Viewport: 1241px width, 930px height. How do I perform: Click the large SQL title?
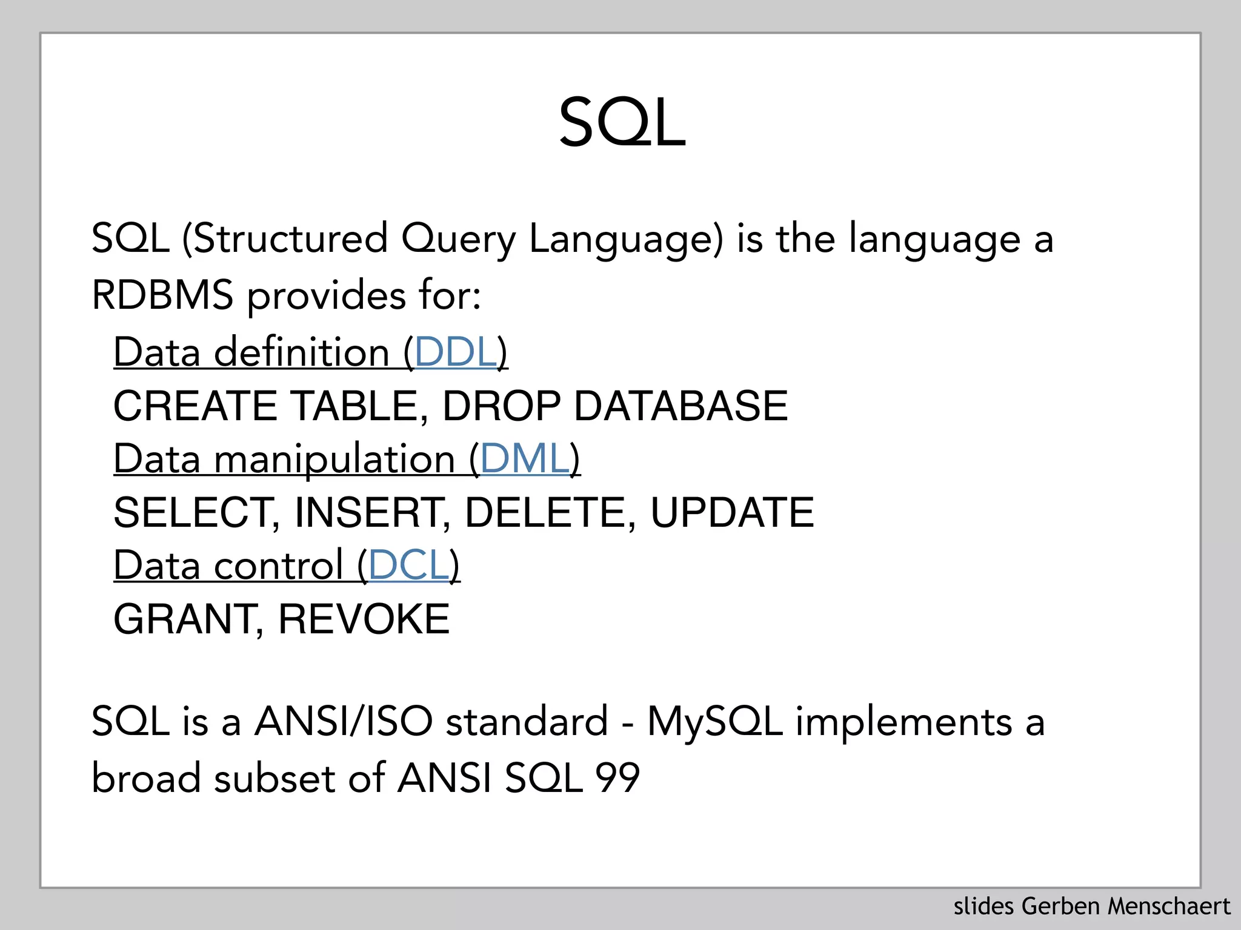pyautogui.click(x=622, y=124)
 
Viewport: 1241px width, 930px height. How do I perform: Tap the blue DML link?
pyautogui.click(x=525, y=459)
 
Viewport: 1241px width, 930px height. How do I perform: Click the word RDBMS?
pyautogui.click(x=162, y=295)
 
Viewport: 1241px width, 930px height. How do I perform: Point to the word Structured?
pyautogui.click(x=290, y=239)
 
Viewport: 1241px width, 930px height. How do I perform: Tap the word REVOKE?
pyautogui.click(x=364, y=619)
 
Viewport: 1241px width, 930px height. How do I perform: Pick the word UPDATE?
pyautogui.click(x=731, y=513)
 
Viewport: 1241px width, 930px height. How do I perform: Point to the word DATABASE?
pyautogui.click(x=680, y=406)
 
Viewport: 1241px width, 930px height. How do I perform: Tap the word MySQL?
pyautogui.click(x=715, y=722)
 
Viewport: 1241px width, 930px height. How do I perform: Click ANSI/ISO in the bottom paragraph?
pyautogui.click(x=344, y=722)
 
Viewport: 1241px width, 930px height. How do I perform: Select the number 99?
pyautogui.click(x=617, y=778)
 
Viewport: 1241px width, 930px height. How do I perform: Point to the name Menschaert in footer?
pyautogui.click(x=1169, y=906)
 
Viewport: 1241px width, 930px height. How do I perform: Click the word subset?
pyautogui.click(x=274, y=778)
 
